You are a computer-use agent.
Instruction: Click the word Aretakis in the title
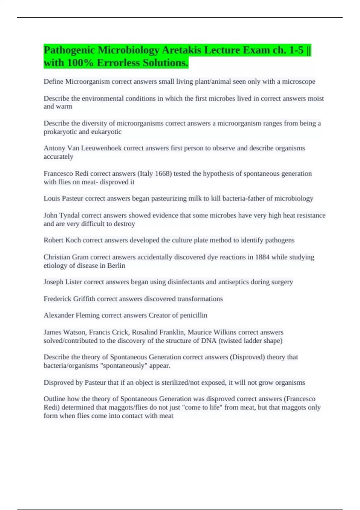tap(181, 50)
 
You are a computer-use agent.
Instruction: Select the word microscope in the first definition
tap(298, 82)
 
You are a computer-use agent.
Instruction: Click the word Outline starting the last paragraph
tap(54, 399)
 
